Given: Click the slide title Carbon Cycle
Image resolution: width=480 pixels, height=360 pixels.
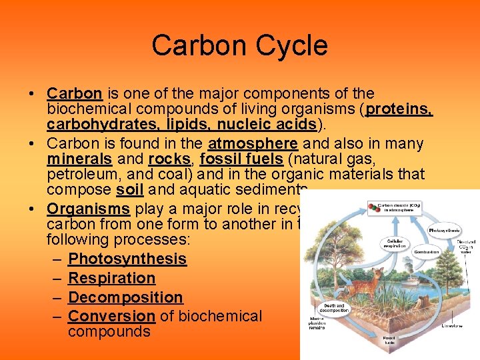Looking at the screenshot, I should [x=239, y=46].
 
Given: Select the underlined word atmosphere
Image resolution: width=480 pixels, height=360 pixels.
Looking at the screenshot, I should [x=253, y=143].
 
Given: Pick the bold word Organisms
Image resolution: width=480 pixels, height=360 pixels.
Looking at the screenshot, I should [x=89, y=207].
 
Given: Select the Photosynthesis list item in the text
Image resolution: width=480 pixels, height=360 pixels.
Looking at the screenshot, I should [x=127, y=259].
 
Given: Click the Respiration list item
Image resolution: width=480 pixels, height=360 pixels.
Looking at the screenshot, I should [x=111, y=278].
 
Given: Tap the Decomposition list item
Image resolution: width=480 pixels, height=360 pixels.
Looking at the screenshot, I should [x=125, y=297].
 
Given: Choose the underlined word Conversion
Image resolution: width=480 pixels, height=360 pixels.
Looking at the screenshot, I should [x=111, y=316].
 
